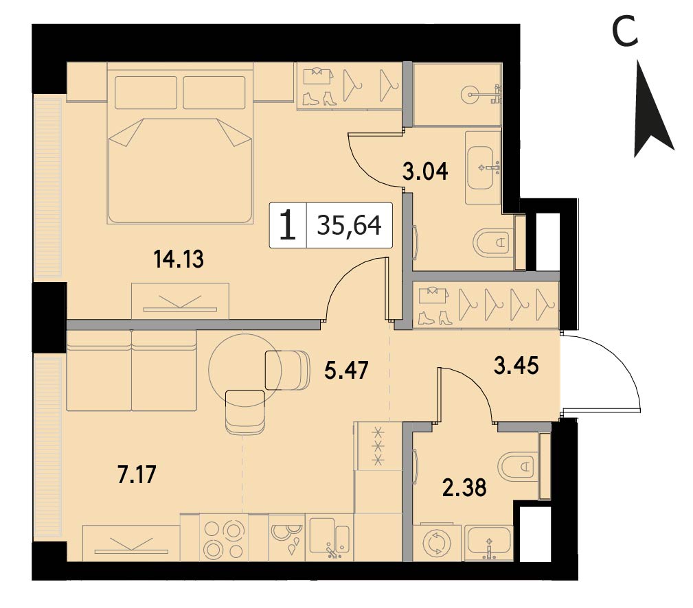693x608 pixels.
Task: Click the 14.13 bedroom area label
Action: coord(179,259)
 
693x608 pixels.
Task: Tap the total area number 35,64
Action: coord(349,225)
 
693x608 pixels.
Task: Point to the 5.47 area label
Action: coord(346,370)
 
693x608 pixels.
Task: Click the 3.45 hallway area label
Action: coord(516,365)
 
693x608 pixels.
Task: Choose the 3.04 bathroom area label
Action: coord(425,171)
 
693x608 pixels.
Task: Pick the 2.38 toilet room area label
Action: coord(464,487)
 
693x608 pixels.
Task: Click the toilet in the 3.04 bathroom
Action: coord(493,242)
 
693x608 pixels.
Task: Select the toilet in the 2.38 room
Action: coord(518,465)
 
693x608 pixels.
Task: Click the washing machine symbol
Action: coord(437,542)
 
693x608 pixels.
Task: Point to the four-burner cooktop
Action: coord(224,538)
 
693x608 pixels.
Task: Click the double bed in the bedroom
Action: coord(180,143)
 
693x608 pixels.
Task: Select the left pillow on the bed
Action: coord(146,92)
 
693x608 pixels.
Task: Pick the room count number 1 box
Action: coord(288,225)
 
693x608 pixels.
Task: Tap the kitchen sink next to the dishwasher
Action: coord(329,537)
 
